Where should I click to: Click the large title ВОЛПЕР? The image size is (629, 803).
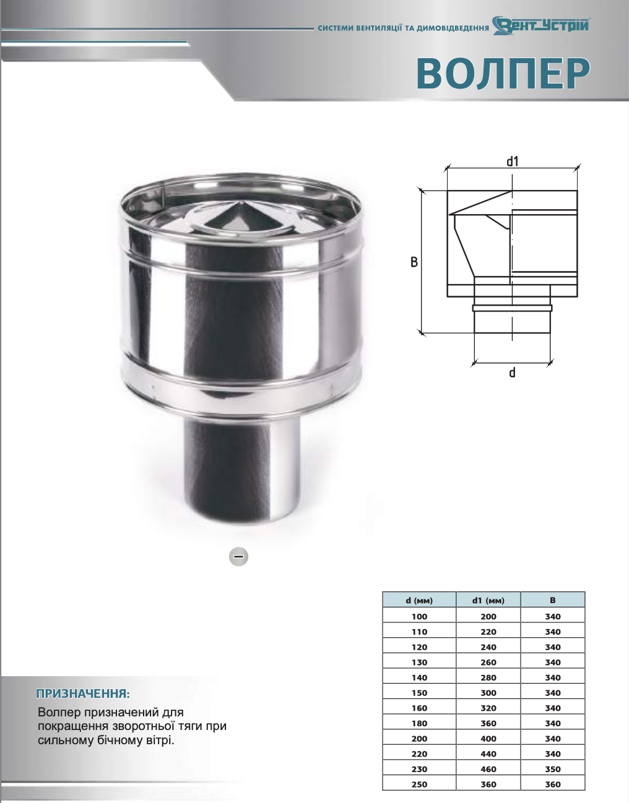(503, 74)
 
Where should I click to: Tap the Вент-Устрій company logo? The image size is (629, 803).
(541, 25)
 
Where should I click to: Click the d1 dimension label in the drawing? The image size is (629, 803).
(513, 161)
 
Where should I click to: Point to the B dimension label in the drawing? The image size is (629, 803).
(414, 262)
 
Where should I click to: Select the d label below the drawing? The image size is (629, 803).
(512, 372)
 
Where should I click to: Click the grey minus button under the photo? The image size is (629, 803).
(238, 557)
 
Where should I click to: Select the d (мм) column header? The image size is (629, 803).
(419, 601)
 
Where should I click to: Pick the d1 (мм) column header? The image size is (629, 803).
(488, 601)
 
